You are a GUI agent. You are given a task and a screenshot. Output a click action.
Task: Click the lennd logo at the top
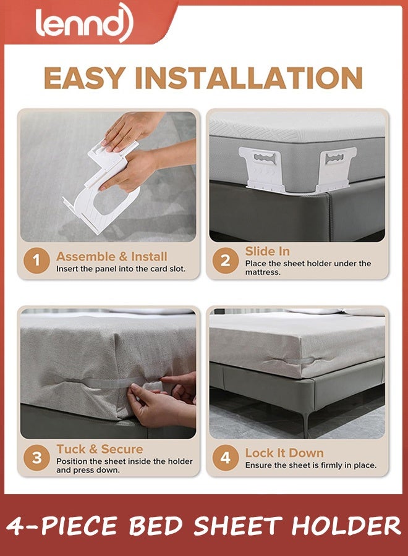click(x=84, y=22)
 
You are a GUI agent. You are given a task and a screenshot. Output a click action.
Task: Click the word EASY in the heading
click(x=84, y=78)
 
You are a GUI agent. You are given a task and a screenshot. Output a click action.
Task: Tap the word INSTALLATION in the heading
click(x=249, y=78)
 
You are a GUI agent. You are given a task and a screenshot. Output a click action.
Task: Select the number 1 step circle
click(x=36, y=261)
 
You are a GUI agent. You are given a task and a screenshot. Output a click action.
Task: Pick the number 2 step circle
click(x=225, y=261)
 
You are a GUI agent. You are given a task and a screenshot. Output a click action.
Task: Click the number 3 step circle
click(x=36, y=458)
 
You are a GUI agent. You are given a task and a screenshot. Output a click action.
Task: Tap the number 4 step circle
click(x=225, y=458)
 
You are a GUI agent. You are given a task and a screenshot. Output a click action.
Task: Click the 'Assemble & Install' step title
click(x=111, y=256)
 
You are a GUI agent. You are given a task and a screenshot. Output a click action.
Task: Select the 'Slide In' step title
click(x=267, y=251)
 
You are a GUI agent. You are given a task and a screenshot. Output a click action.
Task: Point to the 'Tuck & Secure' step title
click(x=100, y=449)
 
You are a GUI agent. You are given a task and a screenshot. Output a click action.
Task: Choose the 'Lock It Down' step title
click(x=284, y=453)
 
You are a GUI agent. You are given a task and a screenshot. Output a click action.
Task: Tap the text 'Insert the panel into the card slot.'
click(x=121, y=269)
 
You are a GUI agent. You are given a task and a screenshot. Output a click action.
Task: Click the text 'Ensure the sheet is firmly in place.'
click(x=311, y=465)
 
